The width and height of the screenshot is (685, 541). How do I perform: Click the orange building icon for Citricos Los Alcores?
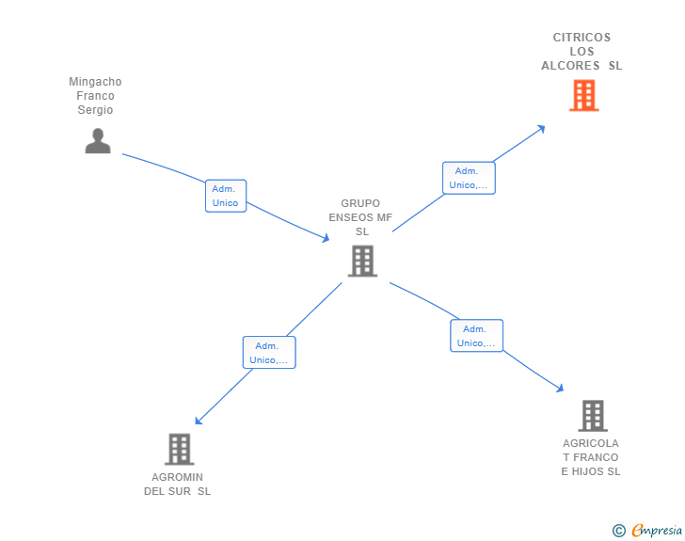583,95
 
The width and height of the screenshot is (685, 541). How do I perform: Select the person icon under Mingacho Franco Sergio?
98,140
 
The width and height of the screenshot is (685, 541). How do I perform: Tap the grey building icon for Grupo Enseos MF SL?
362,261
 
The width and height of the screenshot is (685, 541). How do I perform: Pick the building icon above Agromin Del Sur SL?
179,449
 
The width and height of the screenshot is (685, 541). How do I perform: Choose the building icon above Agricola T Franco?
592,415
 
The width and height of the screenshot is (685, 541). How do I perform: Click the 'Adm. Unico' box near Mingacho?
226,196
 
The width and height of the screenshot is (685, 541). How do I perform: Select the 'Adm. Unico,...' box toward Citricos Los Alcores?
469,178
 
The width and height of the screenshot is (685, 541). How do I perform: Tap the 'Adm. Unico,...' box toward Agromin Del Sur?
269,353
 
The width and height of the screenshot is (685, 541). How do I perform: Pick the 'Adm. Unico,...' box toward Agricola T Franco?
476,336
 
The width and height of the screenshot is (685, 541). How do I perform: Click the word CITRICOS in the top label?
581,38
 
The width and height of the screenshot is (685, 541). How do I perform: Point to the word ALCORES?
571,66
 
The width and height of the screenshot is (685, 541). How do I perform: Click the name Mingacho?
95,82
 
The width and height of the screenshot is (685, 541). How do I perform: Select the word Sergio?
95,110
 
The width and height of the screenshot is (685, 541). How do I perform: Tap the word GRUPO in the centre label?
360,203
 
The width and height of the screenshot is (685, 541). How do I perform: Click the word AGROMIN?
177,477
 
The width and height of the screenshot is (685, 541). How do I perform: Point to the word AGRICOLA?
591,443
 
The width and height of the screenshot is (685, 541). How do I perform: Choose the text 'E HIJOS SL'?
591,471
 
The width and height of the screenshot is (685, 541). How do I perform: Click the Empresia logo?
657,531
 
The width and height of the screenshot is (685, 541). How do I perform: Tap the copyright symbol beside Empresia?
619,531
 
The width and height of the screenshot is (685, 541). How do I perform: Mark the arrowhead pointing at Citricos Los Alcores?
541,128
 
